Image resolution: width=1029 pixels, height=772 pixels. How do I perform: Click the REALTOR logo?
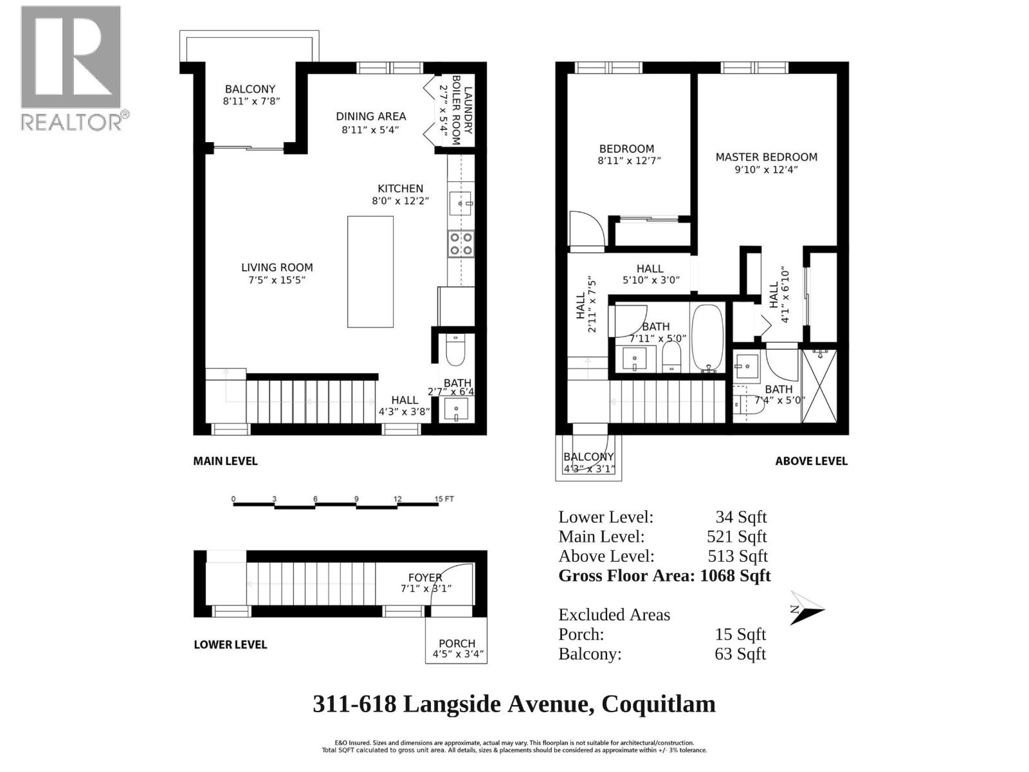coord(71,68)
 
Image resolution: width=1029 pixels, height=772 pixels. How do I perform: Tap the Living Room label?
coord(277,268)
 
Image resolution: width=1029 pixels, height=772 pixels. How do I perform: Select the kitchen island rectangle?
coord(370,271)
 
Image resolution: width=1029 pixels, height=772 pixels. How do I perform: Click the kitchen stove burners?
coord(461,243)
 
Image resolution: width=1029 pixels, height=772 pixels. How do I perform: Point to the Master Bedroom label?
coord(766,157)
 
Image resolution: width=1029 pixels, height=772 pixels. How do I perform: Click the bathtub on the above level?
coord(707,338)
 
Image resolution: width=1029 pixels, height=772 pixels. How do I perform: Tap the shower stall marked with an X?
coord(819,386)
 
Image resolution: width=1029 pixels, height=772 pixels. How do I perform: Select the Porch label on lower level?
coord(457,643)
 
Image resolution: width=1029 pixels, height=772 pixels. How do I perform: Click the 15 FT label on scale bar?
coord(445,499)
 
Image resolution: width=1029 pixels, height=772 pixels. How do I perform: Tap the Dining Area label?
coord(370,116)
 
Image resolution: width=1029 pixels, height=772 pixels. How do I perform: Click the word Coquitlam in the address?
coord(658,704)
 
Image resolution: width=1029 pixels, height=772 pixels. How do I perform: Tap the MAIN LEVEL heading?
coord(225,461)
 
